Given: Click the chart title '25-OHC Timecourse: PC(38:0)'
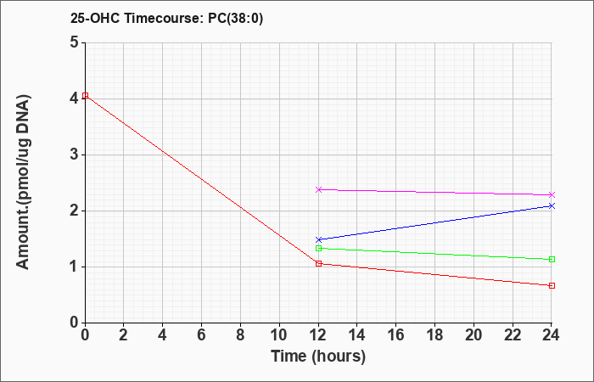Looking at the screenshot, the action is (x=166, y=19).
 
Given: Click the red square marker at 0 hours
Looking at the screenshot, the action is (x=86, y=95).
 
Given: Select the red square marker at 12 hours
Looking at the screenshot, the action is (x=318, y=264).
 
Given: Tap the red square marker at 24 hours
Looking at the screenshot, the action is (x=552, y=286).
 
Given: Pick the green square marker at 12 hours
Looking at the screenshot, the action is (x=318, y=248).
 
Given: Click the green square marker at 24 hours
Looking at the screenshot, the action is (x=552, y=260).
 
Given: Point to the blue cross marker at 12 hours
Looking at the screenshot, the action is (x=318, y=240).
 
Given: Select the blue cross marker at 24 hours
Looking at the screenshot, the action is (x=552, y=206).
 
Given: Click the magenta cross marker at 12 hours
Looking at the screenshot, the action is (x=318, y=189).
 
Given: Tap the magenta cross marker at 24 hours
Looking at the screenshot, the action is (x=552, y=194).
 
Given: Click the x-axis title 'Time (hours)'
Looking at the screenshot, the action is (x=318, y=357).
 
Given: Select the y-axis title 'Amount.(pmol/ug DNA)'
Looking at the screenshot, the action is (x=24, y=183).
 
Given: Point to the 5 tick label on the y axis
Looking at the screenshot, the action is (x=75, y=42).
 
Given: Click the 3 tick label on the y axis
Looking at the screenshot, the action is (x=75, y=154).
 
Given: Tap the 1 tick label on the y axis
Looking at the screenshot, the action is (x=75, y=267).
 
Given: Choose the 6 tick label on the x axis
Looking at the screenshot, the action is (x=202, y=335).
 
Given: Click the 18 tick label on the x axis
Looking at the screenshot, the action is (x=435, y=335).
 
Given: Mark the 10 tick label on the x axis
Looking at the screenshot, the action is (x=279, y=335).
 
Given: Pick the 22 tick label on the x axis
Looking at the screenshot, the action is (x=513, y=335).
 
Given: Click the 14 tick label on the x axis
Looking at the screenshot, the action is (x=357, y=335).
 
